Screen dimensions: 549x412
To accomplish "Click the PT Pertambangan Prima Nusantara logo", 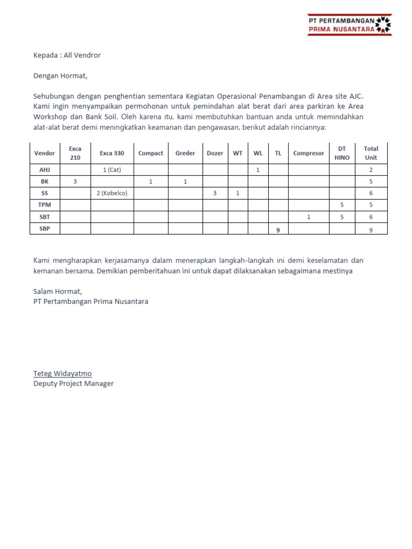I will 349,25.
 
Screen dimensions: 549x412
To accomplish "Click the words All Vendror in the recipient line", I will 82,55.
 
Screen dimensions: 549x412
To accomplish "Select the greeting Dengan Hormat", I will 60,76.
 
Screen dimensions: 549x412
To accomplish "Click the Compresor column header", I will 308,153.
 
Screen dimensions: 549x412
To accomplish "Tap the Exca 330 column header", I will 112,153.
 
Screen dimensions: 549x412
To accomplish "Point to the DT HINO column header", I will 342,153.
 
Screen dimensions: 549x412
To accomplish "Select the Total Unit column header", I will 371,153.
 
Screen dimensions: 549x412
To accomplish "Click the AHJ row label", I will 45,170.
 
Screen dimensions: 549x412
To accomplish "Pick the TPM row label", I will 45,205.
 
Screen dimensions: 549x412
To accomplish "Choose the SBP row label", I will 45,228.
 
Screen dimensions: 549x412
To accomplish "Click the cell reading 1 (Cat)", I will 112,170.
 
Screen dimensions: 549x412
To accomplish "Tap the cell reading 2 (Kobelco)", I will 112,193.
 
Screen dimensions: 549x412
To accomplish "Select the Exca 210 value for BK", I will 75,182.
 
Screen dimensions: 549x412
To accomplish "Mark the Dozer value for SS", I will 215,193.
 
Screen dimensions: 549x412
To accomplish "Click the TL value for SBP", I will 278,229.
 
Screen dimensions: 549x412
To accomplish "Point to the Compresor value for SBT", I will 308,217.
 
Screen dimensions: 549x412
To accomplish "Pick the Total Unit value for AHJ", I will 371,170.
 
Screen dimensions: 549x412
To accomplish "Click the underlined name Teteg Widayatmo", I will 62,374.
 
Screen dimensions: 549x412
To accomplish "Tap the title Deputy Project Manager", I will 73,384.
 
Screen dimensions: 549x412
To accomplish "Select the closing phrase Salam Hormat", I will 57,291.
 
